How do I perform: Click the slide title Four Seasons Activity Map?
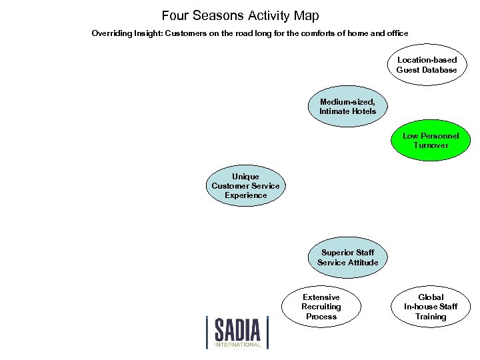pos(240,15)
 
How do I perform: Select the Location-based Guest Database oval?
pos(427,65)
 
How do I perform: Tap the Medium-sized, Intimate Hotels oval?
pos(347,107)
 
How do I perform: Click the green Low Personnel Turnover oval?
pos(431,140)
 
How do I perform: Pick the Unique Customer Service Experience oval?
pos(245,186)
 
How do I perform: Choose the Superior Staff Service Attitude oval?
pos(347,257)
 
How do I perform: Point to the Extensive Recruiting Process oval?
pos(321,307)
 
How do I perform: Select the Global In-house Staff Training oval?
pos(431,307)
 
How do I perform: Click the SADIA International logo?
pos(237,331)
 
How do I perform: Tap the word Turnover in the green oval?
pos(431,145)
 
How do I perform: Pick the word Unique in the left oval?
pos(245,177)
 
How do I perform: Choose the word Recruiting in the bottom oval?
pos(321,307)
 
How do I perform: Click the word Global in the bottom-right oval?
pos(431,297)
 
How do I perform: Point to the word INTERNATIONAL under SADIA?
pos(237,345)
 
